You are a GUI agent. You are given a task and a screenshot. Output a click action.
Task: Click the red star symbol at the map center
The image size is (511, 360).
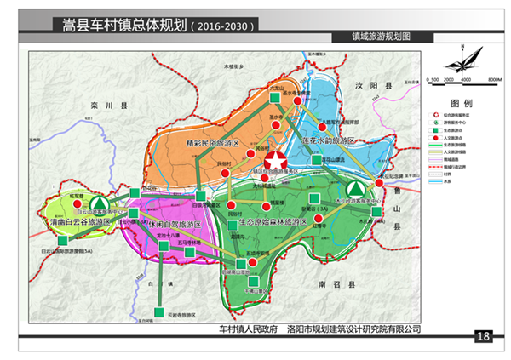pos(275,161)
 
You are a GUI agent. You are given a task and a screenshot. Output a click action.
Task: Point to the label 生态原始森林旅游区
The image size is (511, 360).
pos(272,221)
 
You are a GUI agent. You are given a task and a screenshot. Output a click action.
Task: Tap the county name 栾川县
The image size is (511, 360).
pos(112,106)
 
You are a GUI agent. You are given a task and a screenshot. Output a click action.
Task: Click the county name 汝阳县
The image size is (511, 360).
pos(374,86)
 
